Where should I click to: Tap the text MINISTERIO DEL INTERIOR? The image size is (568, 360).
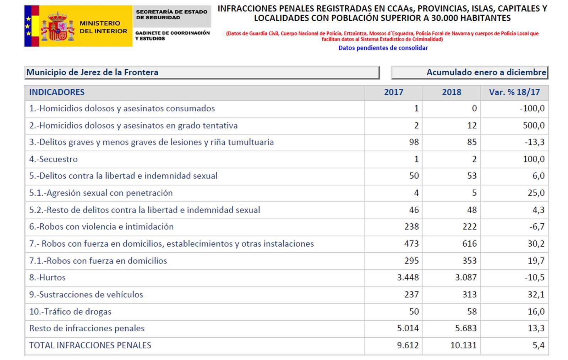tap(103, 27)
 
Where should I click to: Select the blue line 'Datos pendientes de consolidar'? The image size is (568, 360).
tap(383, 48)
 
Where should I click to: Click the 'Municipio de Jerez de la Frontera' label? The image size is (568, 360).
tap(92, 72)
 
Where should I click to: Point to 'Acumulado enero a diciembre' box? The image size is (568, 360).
tap(469, 72)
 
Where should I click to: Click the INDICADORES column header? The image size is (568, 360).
tap(57, 92)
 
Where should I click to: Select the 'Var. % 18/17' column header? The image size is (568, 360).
tap(514, 92)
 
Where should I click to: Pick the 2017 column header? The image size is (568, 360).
tap(393, 92)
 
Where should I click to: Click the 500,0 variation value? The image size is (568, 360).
tap(533, 125)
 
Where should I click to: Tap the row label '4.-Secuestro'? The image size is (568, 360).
tap(53, 159)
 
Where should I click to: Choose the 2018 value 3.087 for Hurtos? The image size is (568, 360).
tap(466, 277)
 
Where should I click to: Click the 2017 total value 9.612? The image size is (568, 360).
tap(408, 345)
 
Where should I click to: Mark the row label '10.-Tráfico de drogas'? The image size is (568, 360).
tap(70, 311)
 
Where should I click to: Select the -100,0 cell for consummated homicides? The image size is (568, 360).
tap(532, 108)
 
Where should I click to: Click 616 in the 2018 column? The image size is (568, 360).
tap(469, 244)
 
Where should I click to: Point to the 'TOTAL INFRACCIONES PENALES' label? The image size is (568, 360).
tap(90, 345)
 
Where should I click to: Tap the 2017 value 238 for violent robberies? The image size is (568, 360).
tap(411, 227)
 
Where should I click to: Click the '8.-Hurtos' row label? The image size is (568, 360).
tap(47, 277)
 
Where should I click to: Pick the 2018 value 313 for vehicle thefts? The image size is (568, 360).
tap(469, 294)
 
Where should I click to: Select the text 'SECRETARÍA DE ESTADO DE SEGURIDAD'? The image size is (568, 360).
tap(171, 15)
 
